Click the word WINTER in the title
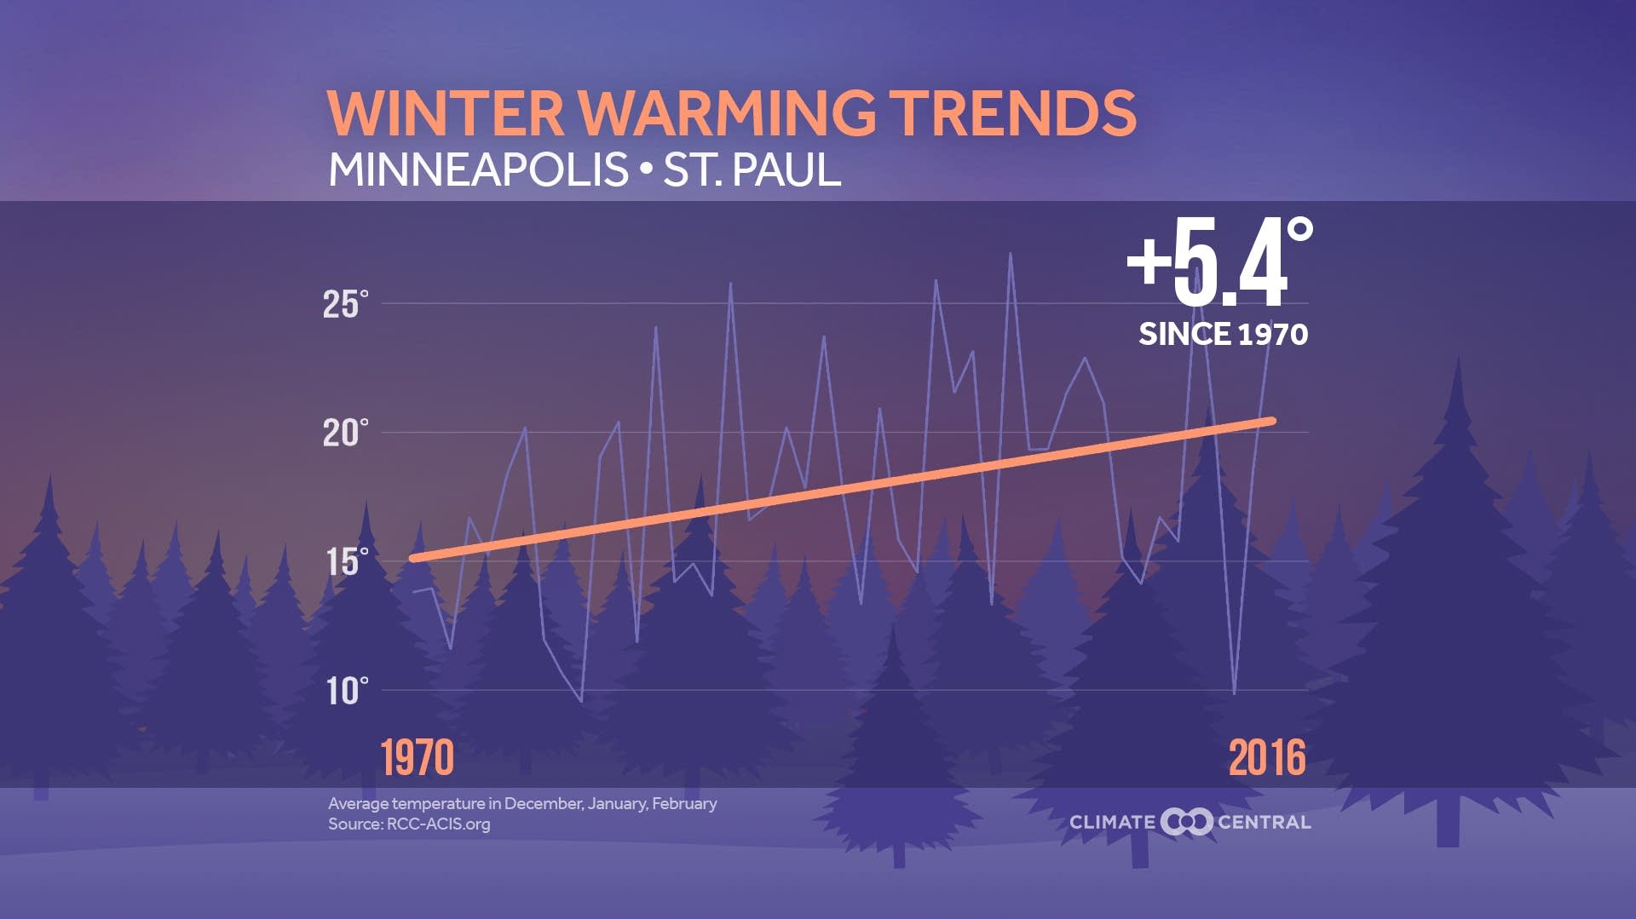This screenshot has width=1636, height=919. coord(445,113)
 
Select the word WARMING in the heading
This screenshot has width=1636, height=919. coord(727,113)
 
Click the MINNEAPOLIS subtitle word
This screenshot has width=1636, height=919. coord(478,169)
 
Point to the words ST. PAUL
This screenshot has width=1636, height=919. coord(752,169)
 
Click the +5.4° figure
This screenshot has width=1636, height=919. coord(1218,262)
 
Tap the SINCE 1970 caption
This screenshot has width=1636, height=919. coord(1223,334)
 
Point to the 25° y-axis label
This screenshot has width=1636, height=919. coord(345,305)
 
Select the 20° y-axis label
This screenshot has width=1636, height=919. coord(345,434)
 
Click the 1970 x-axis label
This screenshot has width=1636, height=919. coord(417,757)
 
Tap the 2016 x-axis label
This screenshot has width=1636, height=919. coord(1267,757)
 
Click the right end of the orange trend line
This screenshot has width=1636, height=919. coord(1271,421)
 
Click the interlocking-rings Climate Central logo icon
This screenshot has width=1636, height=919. coord(1186,822)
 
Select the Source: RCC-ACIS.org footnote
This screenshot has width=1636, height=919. coord(409,824)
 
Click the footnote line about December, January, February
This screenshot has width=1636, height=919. coord(522,803)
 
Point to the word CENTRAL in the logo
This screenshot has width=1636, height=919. coord(1264,822)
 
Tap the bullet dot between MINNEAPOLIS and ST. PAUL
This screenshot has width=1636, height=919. coord(645,169)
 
